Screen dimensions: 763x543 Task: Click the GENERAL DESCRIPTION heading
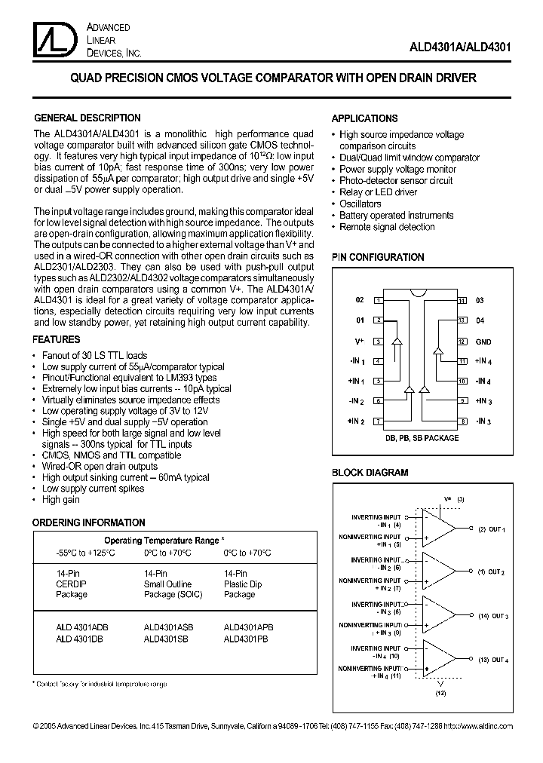(87, 118)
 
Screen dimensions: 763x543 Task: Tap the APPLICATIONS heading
(365, 118)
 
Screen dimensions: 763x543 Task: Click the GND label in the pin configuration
(483, 342)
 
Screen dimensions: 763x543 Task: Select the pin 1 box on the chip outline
(377, 300)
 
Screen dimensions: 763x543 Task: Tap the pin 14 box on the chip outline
(462, 300)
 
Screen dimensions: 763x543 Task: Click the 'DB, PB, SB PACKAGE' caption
(420, 437)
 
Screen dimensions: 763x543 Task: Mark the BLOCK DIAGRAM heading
(370, 473)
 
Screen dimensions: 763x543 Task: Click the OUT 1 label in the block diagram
(495, 530)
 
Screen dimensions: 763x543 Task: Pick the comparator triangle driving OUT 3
(437, 615)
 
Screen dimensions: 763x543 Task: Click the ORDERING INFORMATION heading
(89, 522)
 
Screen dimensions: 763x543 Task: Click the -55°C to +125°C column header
(85, 552)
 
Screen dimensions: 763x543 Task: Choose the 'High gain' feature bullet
(61, 500)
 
